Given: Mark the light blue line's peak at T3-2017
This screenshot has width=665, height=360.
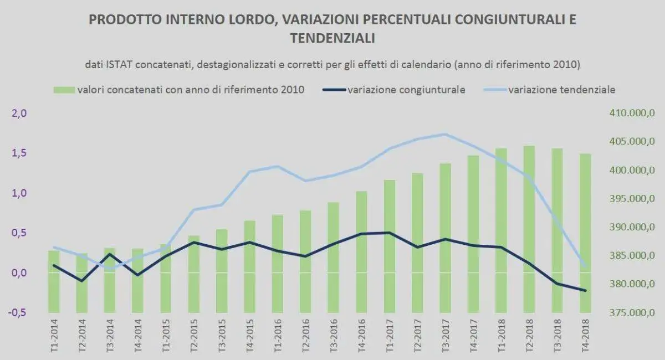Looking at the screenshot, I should [x=445, y=134].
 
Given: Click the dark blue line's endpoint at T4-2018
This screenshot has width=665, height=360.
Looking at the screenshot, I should [x=585, y=290].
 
